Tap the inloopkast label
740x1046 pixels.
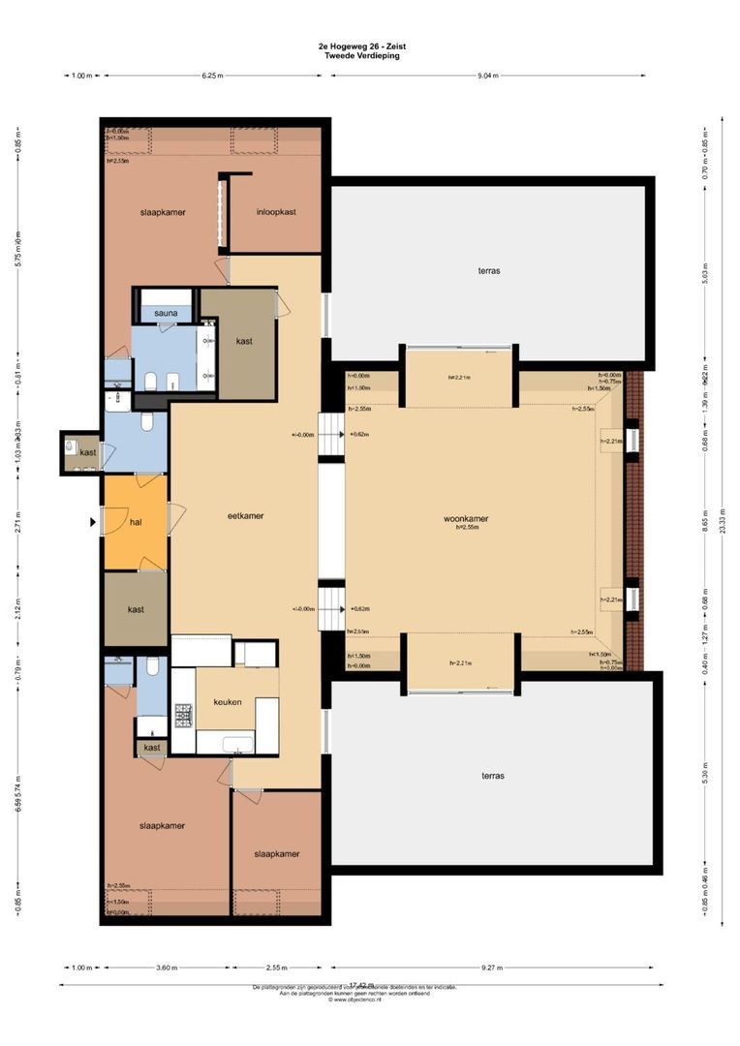tap(276, 212)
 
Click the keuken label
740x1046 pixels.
tap(228, 702)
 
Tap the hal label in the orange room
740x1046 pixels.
tap(136, 522)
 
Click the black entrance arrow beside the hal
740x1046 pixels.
tap(93, 522)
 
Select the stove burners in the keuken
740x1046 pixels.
tap(183, 715)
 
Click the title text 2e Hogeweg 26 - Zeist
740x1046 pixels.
tap(362, 46)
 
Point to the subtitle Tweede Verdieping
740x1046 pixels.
tap(362, 55)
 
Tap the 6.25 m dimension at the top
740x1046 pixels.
tap(212, 76)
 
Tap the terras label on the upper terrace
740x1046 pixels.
tap(489, 271)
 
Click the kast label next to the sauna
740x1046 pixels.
tap(245, 342)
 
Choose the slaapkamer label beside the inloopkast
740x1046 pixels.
tap(162, 212)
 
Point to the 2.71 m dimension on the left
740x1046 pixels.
tap(17, 529)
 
